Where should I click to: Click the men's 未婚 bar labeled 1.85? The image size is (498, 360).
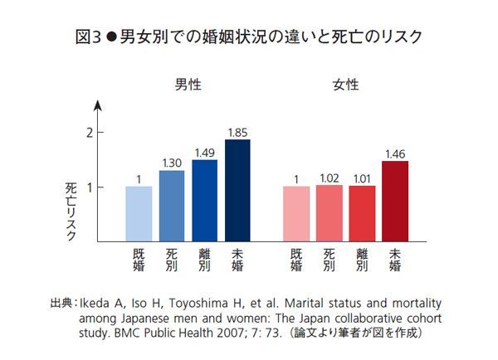(237, 191)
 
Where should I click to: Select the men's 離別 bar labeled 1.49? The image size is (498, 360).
(204, 201)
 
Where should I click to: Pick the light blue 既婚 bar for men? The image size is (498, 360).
(139, 214)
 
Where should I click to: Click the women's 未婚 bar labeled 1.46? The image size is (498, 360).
(395, 202)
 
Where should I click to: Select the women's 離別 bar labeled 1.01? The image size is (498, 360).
(362, 214)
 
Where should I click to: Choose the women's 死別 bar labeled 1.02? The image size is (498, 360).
(330, 213)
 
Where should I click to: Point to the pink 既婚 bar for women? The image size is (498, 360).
(296, 214)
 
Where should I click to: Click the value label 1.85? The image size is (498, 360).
(237, 132)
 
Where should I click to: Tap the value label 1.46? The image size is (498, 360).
(395, 153)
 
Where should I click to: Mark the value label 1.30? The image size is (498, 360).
(172, 163)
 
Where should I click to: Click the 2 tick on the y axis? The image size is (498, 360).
(89, 133)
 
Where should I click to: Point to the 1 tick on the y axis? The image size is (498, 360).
(89, 187)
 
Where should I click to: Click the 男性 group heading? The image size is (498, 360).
(188, 85)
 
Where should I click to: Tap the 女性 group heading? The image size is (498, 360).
(345, 85)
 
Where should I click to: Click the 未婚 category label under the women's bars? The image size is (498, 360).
(395, 260)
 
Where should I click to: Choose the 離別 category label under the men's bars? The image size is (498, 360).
(204, 260)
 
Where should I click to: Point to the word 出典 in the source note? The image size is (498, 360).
(61, 304)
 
